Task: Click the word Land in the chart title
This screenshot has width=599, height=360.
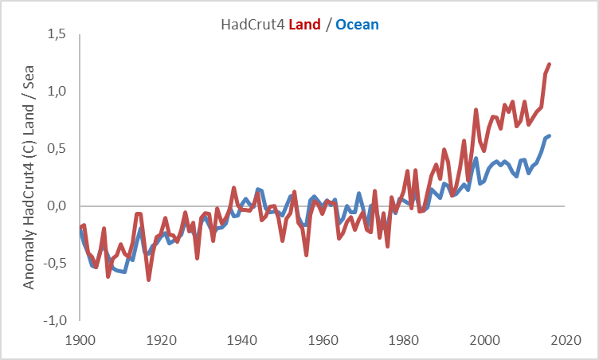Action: pos(304,25)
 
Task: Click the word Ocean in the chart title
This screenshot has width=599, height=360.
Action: pos(357,25)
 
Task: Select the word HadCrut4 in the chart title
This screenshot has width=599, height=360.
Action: pos(253,25)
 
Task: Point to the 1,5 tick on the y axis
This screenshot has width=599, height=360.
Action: pos(56,34)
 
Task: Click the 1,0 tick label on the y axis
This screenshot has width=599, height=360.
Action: pos(56,92)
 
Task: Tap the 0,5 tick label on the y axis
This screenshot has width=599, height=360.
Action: pos(56,149)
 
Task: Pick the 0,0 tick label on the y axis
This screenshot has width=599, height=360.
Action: pos(56,206)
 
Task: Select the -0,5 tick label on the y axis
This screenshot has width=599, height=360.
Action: pos(53,264)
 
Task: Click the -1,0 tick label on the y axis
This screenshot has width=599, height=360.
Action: pos(53,321)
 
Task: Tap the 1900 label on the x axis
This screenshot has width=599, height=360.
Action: pos(80,340)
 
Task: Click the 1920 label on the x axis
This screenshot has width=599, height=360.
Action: pos(162,340)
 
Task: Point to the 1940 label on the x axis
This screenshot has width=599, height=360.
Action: pos(242,340)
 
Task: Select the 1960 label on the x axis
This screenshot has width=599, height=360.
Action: pos(323,340)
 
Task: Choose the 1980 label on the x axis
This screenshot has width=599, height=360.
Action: pos(405,340)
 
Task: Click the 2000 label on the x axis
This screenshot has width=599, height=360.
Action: pos(485,340)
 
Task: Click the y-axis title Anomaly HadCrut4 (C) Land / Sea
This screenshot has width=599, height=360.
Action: pos(29,178)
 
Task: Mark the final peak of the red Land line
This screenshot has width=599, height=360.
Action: pos(550,64)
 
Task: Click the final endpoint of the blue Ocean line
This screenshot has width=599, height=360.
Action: pos(550,135)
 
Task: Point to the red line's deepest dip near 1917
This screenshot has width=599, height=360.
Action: pos(149,280)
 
